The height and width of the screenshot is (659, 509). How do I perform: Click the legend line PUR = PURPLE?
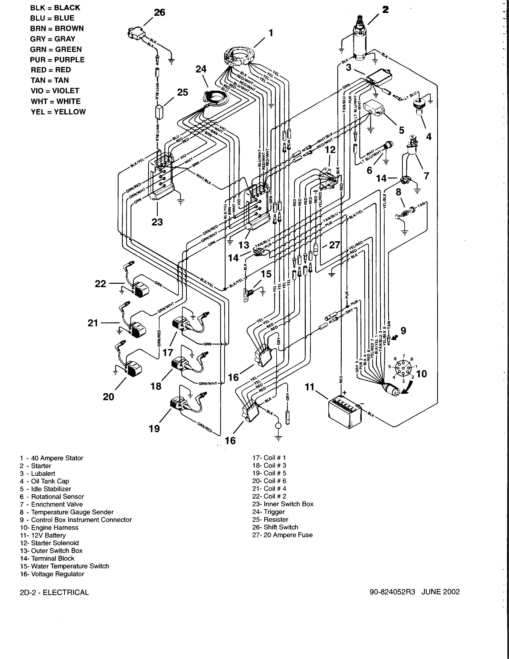[x=57, y=60]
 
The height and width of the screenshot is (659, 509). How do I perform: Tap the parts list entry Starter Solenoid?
[x=50, y=543]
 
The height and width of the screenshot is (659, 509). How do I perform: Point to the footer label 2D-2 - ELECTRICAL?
[x=54, y=592]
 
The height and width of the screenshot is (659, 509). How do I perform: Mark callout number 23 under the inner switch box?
[x=157, y=222]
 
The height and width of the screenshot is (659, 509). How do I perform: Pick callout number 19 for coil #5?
[x=154, y=429]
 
